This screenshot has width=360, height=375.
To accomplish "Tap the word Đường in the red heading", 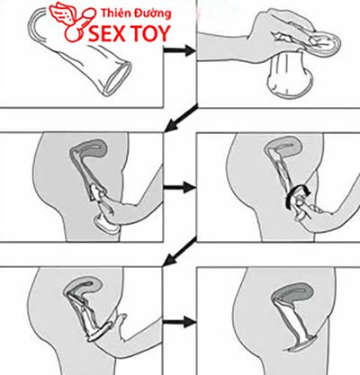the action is click(x=154, y=13).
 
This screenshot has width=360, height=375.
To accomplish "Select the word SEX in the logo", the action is click(x=107, y=33).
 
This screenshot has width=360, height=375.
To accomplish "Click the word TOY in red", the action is click(x=151, y=33).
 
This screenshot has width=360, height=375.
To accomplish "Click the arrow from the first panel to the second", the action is click(x=179, y=50).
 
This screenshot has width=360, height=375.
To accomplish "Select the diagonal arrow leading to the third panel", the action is click(x=181, y=118).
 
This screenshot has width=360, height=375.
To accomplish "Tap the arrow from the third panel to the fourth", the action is click(x=179, y=188).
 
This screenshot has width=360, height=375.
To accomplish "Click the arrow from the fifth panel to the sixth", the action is click(x=179, y=322).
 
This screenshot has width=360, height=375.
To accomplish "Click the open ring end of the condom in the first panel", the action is click(x=116, y=78).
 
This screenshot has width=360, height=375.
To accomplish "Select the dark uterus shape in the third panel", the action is click(x=89, y=148).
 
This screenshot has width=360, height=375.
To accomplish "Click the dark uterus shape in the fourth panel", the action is click(x=283, y=147).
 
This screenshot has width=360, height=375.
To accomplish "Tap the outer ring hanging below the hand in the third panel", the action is click(x=105, y=224).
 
